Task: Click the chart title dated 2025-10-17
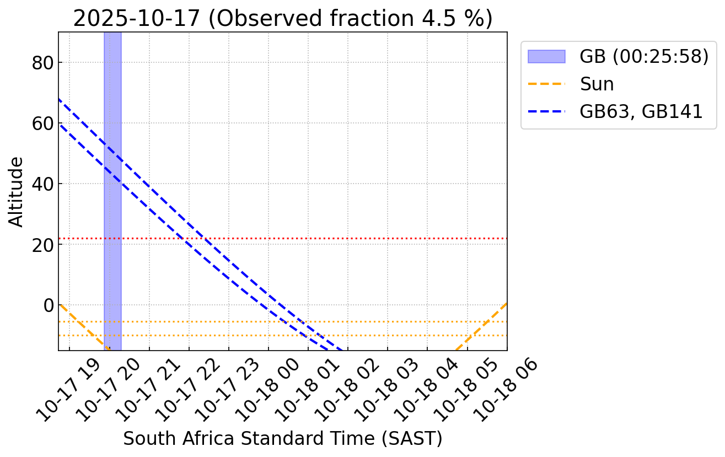click(282, 19)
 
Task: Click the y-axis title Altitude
click(17, 191)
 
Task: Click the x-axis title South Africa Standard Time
click(282, 438)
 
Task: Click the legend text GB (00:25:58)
click(643, 56)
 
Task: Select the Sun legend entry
click(597, 84)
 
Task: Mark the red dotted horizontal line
click(331, 238)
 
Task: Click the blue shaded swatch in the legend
click(546, 56)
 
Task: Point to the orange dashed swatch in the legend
click(546, 84)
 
